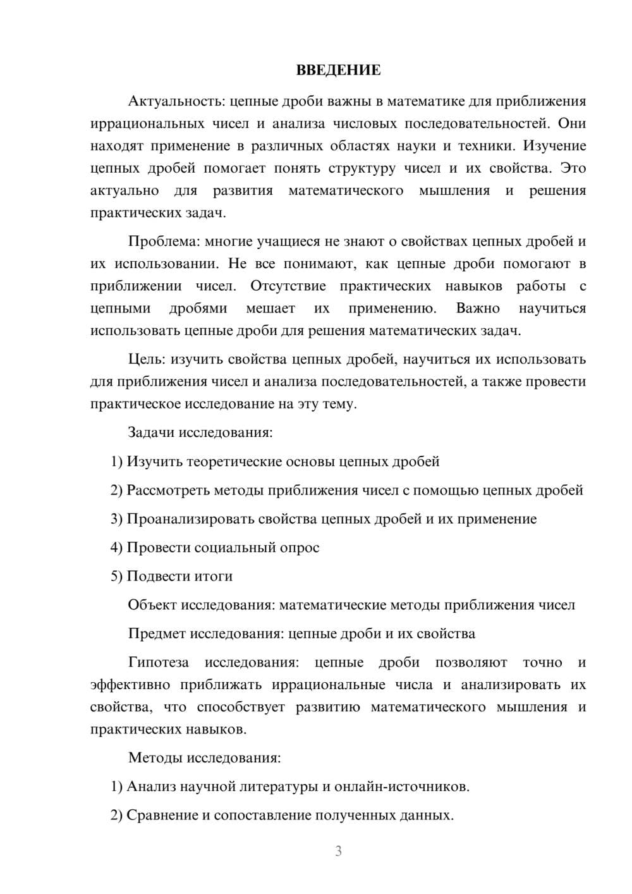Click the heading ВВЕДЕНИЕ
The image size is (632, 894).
click(x=338, y=70)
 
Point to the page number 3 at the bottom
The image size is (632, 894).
click(x=338, y=851)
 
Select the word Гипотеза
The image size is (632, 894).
click(x=158, y=663)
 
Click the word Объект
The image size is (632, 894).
click(x=152, y=605)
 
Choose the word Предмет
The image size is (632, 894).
click(x=157, y=634)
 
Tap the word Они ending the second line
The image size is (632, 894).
click(x=571, y=123)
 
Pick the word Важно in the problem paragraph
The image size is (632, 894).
click(x=478, y=309)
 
